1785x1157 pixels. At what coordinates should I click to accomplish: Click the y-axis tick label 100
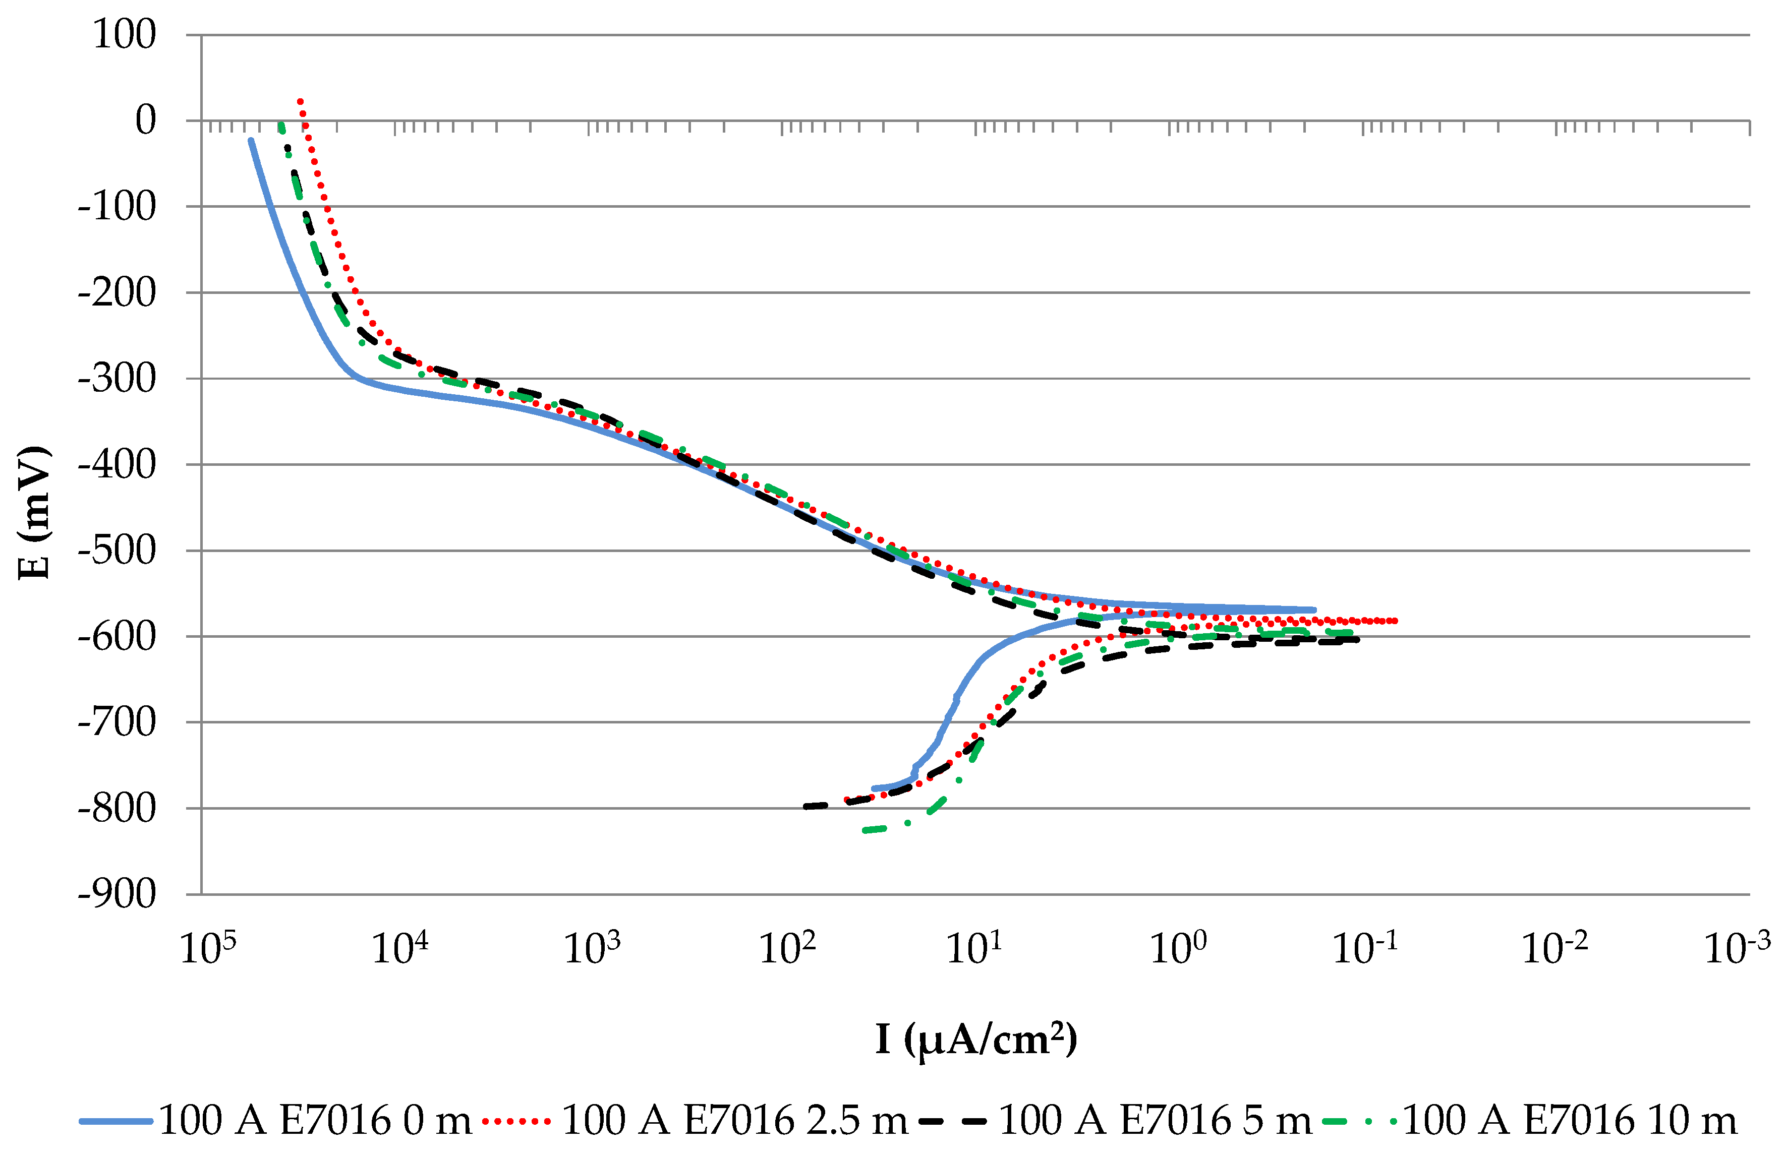(x=124, y=34)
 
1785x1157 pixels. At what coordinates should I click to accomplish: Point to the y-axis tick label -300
(x=117, y=378)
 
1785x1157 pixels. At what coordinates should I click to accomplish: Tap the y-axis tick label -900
(x=117, y=894)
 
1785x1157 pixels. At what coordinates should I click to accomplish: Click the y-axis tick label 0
(x=145, y=120)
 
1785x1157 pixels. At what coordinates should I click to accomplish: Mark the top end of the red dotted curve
(x=300, y=100)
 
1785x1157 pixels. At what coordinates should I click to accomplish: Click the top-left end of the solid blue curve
(x=251, y=140)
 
